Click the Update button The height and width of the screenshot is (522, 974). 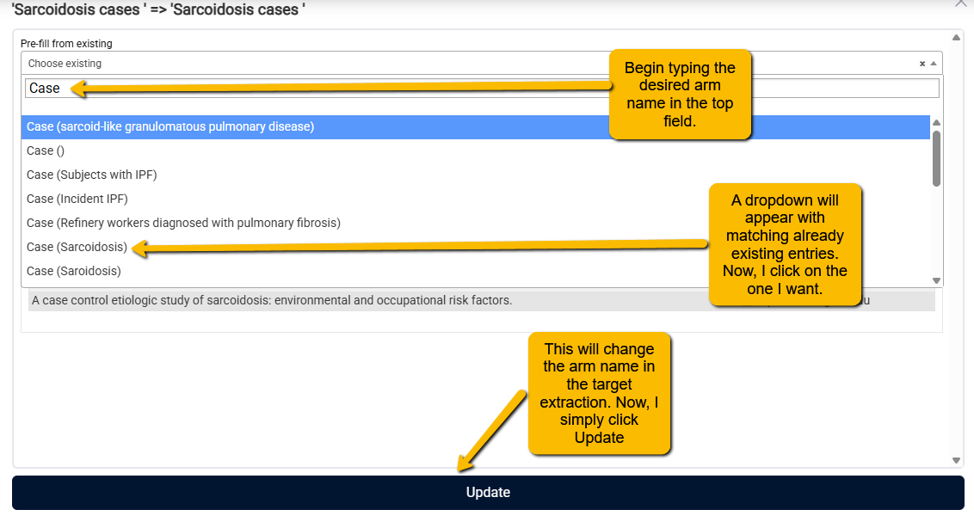pyautogui.click(x=488, y=492)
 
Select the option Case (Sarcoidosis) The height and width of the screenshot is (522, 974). pyautogui.click(x=77, y=247)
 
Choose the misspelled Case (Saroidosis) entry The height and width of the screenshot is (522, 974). pyautogui.click(x=74, y=271)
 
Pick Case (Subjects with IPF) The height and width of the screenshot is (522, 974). pyautogui.click(x=92, y=175)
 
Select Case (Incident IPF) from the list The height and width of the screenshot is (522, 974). pyautogui.click(x=77, y=200)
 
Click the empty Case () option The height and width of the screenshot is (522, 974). pyautogui.click(x=46, y=150)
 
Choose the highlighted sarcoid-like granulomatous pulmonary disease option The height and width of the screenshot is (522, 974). pyautogui.click(x=170, y=126)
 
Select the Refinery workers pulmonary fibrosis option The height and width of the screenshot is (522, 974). pyautogui.click(x=183, y=223)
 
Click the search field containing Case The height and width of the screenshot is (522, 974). pyautogui.click(x=482, y=88)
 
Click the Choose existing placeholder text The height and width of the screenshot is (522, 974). pyautogui.click(x=65, y=64)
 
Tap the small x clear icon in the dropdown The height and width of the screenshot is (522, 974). pyautogui.click(x=922, y=64)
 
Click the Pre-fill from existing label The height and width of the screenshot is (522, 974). pyautogui.click(x=66, y=44)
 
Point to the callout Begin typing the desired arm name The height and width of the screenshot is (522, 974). pyautogui.click(x=681, y=95)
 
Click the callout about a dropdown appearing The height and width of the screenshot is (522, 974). pyautogui.click(x=786, y=244)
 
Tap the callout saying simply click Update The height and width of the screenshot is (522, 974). pyautogui.click(x=600, y=394)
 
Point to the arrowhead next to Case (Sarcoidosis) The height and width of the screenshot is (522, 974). pyautogui.click(x=140, y=249)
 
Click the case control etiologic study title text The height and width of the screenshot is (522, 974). pyautogui.click(x=272, y=300)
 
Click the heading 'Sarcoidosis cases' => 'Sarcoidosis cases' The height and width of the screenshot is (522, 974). pyautogui.click(x=158, y=10)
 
